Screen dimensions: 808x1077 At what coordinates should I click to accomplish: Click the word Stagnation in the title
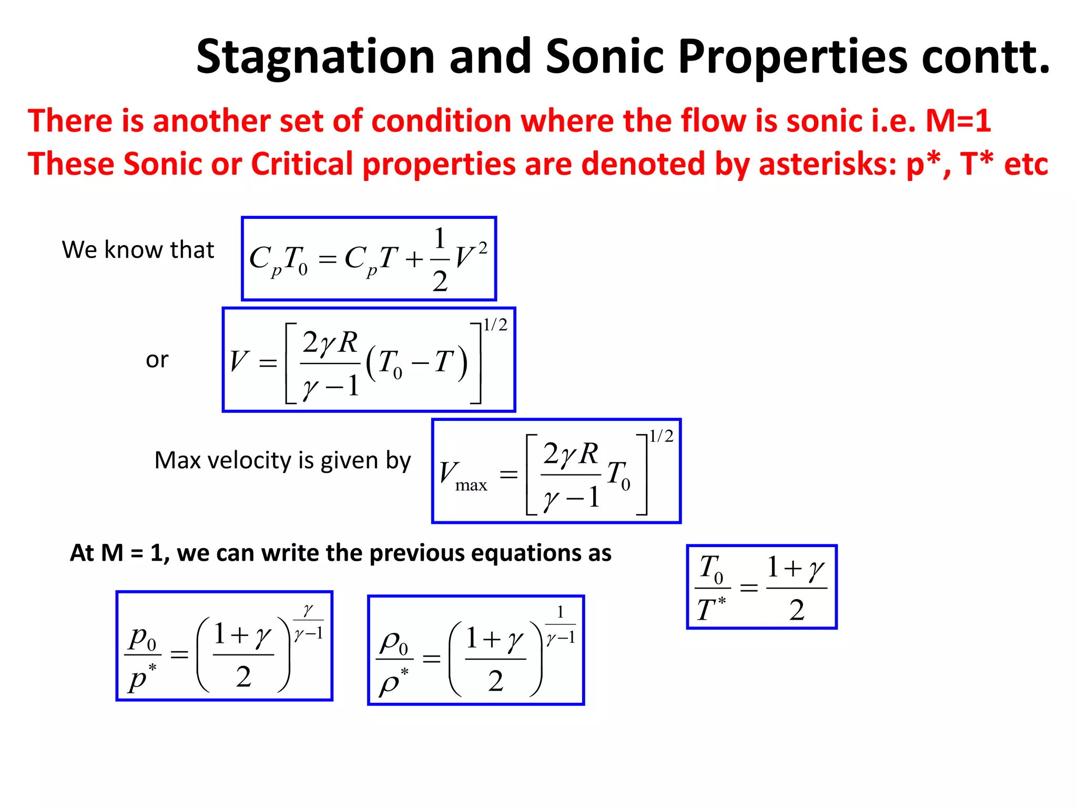point(315,57)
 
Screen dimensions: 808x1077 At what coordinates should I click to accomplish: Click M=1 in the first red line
point(958,120)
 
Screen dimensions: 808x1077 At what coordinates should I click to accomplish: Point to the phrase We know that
point(138,249)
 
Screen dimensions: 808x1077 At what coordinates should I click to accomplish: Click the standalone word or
point(157,360)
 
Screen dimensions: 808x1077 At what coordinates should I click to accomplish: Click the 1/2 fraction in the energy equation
point(440,259)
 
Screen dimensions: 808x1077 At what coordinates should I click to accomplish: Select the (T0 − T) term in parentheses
point(416,363)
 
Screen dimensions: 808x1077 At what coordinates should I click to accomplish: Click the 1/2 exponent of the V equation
point(495,325)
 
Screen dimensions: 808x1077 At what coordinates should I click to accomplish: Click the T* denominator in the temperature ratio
point(711,609)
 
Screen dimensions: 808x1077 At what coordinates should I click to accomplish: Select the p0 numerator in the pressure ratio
point(143,638)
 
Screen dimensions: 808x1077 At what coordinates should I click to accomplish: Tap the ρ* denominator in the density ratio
point(393,682)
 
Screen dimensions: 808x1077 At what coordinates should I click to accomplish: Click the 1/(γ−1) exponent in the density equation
point(561,626)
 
